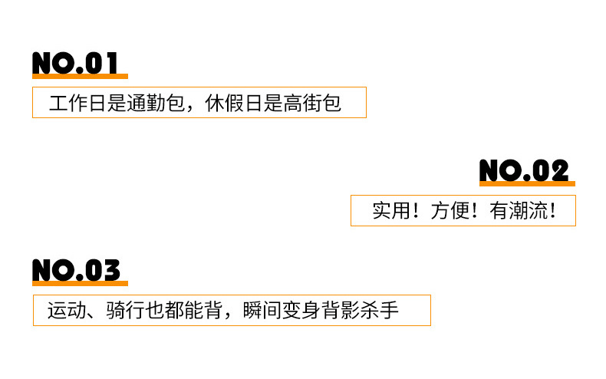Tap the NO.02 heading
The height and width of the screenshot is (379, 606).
tap(524, 170)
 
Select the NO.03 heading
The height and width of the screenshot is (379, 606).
tap(76, 270)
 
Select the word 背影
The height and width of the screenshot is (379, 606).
tap(340, 311)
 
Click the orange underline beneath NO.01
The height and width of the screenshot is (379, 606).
tap(80, 76)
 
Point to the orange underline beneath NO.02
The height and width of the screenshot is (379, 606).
tap(527, 183)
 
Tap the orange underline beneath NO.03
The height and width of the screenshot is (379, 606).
tap(80, 283)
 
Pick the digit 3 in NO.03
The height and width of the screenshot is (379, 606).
tap(110, 270)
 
